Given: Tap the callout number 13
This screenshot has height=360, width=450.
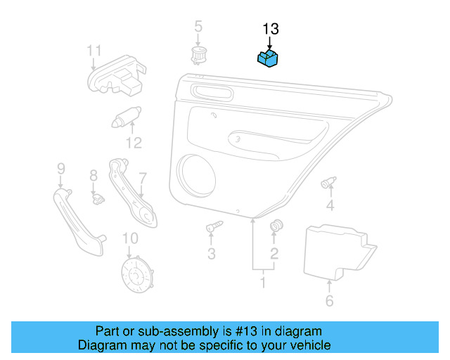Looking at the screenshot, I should pos(271,29).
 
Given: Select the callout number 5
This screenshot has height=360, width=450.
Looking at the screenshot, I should pos(198,27).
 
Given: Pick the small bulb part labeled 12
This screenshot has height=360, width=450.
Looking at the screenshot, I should pos(127,116).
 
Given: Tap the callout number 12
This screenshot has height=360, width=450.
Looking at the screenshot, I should pos(134,143).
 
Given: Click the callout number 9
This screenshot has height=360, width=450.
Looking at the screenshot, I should pos(60,168).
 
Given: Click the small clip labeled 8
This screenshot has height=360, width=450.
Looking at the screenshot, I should pos(98,198).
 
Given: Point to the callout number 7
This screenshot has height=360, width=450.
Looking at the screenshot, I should pos(142,179).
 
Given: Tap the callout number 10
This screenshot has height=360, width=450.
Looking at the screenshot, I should pos(130,239).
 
